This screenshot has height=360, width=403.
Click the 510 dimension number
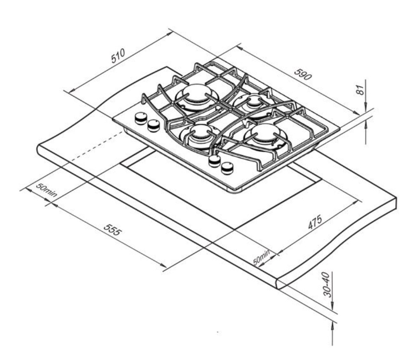coord(118,56)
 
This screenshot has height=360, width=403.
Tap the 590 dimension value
coord(303,74)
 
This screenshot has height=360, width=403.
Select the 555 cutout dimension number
coord(112,230)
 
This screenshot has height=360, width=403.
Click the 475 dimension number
coord(315,222)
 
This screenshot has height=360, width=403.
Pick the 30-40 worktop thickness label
coord(327,284)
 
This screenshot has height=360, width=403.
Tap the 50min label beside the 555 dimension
coord(46,190)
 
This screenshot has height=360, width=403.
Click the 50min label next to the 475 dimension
coord(261,257)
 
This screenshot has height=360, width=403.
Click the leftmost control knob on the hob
coord(141,118)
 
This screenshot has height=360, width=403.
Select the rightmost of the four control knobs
coord(227,168)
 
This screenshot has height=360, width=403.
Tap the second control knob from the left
coord(153,126)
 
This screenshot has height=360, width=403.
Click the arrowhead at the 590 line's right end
coord(356,113)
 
